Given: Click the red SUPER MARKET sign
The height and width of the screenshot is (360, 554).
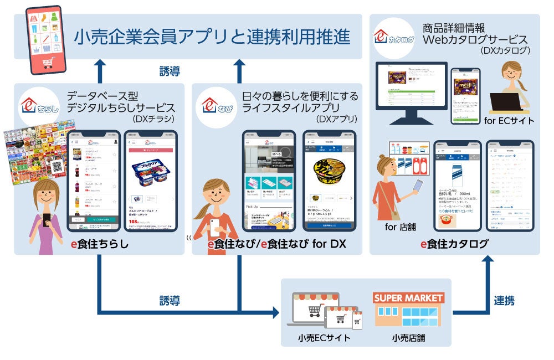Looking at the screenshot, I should [x=409, y=298].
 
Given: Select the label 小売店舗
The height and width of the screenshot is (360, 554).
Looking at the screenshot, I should [x=408, y=338].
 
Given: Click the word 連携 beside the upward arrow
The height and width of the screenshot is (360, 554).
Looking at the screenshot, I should [x=504, y=301].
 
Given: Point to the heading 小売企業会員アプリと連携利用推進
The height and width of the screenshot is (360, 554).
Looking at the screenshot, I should [x=212, y=37].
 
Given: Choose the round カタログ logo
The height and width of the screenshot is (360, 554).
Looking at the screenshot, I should [x=393, y=37].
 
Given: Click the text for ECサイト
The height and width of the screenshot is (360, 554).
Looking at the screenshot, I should [x=509, y=121].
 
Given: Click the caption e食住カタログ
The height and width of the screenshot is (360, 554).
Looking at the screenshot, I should [x=454, y=244].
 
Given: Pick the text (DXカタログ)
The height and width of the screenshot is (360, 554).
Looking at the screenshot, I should [x=506, y=50].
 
